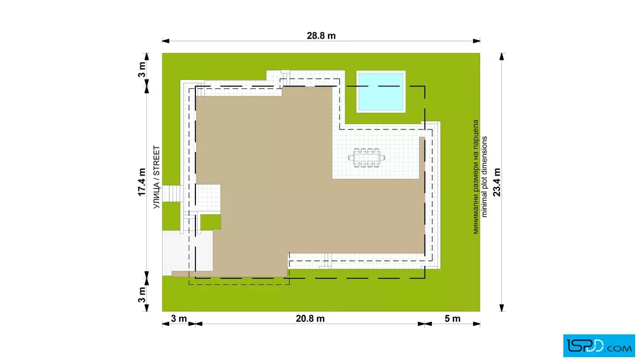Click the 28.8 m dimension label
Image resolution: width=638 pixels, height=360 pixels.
coord(321,36)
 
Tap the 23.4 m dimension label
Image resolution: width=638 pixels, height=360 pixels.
coord(497,182)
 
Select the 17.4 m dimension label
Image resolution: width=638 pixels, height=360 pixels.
coord(142,182)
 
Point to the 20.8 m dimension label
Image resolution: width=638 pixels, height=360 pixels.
coord(310,318)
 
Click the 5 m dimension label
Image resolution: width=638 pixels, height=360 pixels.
coord(452,318)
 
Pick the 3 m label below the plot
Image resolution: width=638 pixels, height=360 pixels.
coord(179,318)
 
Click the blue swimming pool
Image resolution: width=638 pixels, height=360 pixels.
coord(381,92)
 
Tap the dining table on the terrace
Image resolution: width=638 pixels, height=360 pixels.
coord(366,158)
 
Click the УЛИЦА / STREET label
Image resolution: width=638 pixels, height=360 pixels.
coord(157,177)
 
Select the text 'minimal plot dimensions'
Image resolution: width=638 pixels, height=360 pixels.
coord(484,177)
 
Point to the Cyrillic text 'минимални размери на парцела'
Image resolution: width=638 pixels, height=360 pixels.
coord(475,177)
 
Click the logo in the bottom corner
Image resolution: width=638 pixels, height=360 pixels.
coord(599,346)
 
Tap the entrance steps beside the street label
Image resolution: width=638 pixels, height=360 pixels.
coord(173,193)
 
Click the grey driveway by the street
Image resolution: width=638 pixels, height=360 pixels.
coord(179,252)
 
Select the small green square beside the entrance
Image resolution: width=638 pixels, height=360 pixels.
coord(211,222)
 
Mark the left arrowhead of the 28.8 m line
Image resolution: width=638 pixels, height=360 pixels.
coord(166,40)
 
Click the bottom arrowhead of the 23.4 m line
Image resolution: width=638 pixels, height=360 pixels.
coord(502,308)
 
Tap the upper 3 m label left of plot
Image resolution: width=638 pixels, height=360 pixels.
coord(142,69)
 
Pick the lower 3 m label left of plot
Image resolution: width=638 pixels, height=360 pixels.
coord(142,294)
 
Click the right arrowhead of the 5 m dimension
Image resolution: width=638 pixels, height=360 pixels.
coord(476,324)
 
